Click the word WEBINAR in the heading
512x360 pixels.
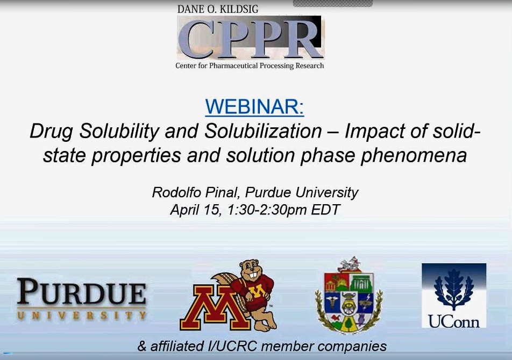pyautogui.click(x=254, y=106)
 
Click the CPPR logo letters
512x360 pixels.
pyautogui.click(x=250, y=39)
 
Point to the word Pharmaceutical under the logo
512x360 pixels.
pyautogui.click(x=234, y=66)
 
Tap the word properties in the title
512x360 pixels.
pyautogui.click(x=136, y=156)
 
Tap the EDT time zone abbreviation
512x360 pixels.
pyautogui.click(x=325, y=210)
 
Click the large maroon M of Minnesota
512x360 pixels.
pyautogui.click(x=212, y=307)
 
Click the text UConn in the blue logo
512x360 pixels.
pyautogui.click(x=454, y=320)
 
